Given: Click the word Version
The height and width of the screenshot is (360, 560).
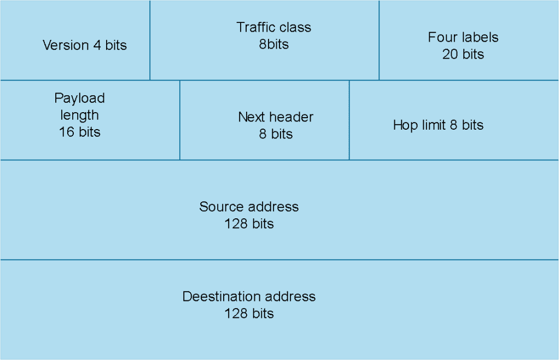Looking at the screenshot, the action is coord(65,45).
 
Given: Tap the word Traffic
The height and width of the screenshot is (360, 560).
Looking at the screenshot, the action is coord(254,27).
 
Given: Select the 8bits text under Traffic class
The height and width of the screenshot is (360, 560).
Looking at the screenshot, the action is coord(273,44).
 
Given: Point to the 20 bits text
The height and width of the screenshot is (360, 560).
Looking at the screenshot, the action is coord(463,54).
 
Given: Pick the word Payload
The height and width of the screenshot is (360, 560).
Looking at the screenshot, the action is coord(79,98).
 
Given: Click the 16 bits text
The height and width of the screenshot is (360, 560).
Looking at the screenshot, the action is coord(80,132).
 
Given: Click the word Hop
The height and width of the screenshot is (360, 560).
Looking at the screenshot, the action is coord(404,125).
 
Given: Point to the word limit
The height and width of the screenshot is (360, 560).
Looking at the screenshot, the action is coord(431,125).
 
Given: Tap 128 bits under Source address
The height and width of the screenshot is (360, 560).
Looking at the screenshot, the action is coord(249,224).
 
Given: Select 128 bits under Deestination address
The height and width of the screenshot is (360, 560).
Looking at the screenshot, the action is coord(249,313).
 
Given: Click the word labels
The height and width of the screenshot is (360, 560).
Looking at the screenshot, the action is coord(479,37).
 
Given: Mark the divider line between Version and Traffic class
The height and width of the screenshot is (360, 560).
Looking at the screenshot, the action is coord(150,40).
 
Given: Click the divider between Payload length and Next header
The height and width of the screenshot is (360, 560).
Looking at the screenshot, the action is coord(180,120).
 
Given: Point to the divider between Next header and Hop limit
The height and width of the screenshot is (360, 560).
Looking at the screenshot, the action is coord(349,120).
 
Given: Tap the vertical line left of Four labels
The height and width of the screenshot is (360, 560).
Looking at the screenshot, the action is coord(379,40).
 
